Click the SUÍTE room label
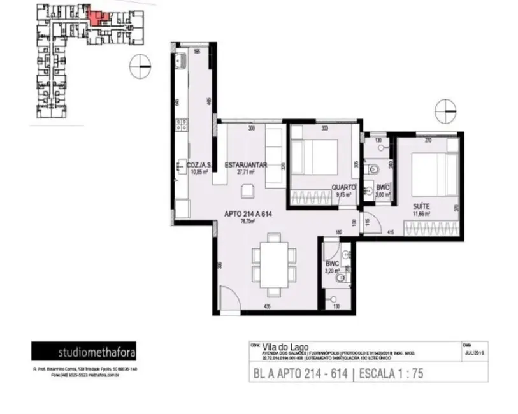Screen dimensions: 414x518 [421, 207]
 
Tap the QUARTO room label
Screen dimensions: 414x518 [342, 187]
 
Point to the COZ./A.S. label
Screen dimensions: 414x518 [199, 164]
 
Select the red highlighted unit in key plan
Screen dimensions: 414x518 [96, 17]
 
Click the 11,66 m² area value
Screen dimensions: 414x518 [421, 214]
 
